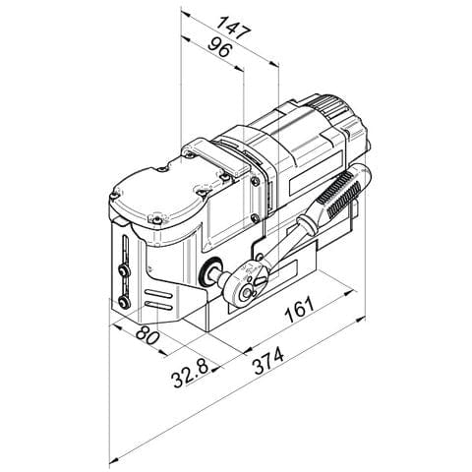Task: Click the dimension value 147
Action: tap(234, 28)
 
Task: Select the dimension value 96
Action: tap(220, 47)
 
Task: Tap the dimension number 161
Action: tap(299, 310)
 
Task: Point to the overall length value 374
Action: tap(268, 361)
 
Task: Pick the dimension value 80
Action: tap(147, 334)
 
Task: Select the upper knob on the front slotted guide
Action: tap(124, 271)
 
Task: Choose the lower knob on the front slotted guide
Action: tap(124, 302)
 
